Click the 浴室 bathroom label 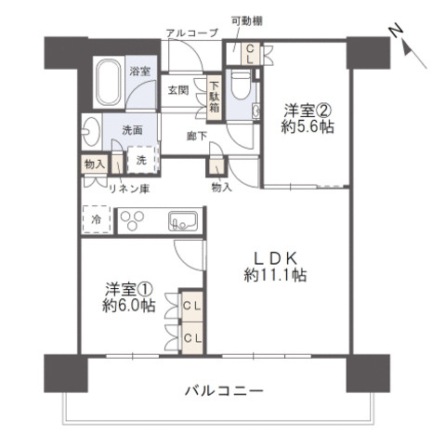(x=139, y=70)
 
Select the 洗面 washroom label (x=132, y=130)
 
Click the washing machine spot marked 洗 (x=140, y=160)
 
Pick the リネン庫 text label (x=129, y=189)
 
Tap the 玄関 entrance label (x=178, y=90)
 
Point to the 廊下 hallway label (x=195, y=134)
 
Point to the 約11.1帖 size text (x=276, y=275)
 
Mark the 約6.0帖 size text (x=127, y=306)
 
